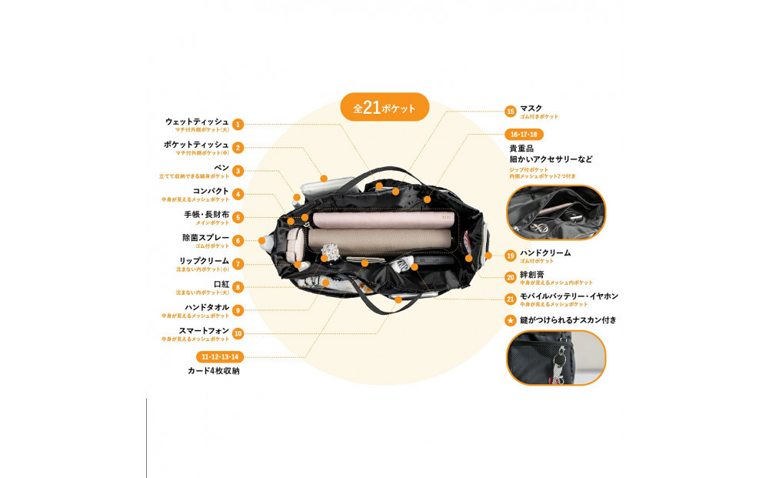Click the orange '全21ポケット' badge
click(384, 108)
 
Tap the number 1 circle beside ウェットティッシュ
click(238, 124)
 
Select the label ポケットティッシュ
click(196, 145)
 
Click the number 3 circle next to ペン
click(238, 171)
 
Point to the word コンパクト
click(210, 191)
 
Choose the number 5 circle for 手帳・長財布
click(238, 218)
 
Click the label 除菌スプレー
click(205, 238)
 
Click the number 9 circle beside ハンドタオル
click(238, 310)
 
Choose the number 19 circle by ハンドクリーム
click(510, 256)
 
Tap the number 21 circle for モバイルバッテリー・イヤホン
click(510, 299)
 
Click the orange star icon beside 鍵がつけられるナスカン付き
click(510, 320)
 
